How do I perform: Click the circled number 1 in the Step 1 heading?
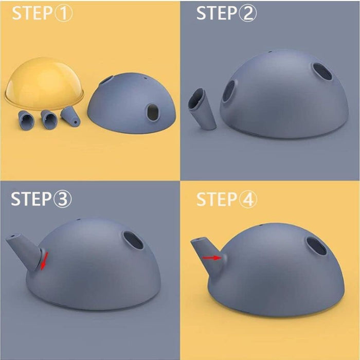[63, 13]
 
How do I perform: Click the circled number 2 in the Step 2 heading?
[248, 13]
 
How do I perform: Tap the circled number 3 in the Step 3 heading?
[62, 199]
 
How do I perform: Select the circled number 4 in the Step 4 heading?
[248, 200]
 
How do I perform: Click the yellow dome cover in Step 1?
[44, 83]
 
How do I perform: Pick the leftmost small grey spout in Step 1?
[26, 120]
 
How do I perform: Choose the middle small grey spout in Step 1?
[49, 119]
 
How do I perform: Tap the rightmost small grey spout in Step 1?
[70, 116]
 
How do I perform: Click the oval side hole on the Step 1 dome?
[153, 113]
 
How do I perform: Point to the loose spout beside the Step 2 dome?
[202, 109]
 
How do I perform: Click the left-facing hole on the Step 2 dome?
[229, 91]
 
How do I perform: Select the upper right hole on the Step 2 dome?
[322, 71]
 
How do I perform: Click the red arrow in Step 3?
[44, 261]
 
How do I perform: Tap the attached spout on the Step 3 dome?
[24, 252]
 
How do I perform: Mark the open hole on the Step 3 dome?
[133, 240]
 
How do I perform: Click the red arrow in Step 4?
[212, 258]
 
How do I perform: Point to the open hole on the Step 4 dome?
[317, 246]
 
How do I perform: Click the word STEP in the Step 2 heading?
[217, 13]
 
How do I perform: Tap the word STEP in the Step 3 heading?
[31, 199]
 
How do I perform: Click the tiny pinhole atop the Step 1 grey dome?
[146, 78]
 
